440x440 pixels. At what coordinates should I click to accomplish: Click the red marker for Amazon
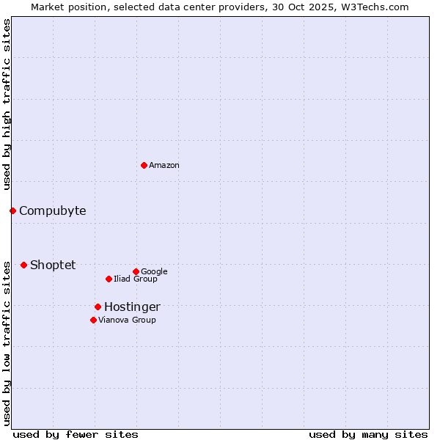coord(144,165)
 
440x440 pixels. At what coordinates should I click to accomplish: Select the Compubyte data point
coord(12,211)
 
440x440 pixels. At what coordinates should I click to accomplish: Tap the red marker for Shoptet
coord(23,265)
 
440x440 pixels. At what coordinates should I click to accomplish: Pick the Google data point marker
coord(136,271)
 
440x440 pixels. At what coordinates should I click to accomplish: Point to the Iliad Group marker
coord(109,279)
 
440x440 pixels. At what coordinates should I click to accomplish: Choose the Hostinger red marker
coord(98,307)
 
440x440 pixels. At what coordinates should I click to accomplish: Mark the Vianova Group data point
coord(93,320)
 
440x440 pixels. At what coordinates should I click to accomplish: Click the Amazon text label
coord(164,166)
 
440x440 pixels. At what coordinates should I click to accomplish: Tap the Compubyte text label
coord(52,211)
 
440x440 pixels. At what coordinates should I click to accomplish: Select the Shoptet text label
coord(53,265)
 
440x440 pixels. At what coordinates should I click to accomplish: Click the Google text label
coord(154,271)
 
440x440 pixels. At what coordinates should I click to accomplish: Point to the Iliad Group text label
coord(136,279)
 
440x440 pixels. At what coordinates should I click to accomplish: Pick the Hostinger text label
coord(132,307)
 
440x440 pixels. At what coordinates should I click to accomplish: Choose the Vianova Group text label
coord(127,320)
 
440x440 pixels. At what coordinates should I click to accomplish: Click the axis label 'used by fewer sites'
coord(76,434)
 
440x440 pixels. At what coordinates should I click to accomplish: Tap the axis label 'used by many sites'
coord(368,434)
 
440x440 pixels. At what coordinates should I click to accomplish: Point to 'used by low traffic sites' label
coord(7,342)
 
